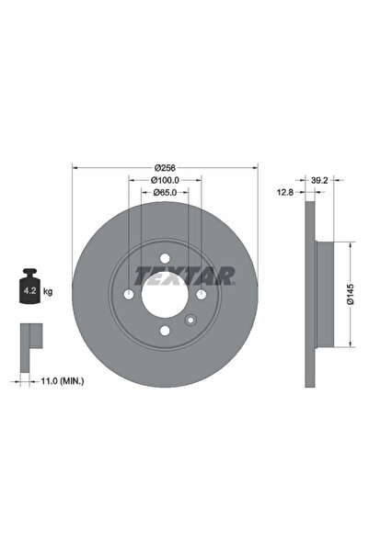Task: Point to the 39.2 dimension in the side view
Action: click(x=320, y=181)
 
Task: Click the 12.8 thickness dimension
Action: click(x=286, y=194)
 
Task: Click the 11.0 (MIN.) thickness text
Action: click(x=60, y=379)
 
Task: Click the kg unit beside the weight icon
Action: click(x=48, y=291)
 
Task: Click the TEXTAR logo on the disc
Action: click(x=185, y=274)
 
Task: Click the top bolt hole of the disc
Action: click(x=164, y=258)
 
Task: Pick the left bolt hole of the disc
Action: click(x=127, y=295)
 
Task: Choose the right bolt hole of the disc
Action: click(x=201, y=295)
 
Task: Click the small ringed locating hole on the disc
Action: click(x=190, y=321)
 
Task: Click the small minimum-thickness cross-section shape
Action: click(x=29, y=339)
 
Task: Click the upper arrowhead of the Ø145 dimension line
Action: click(x=351, y=246)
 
